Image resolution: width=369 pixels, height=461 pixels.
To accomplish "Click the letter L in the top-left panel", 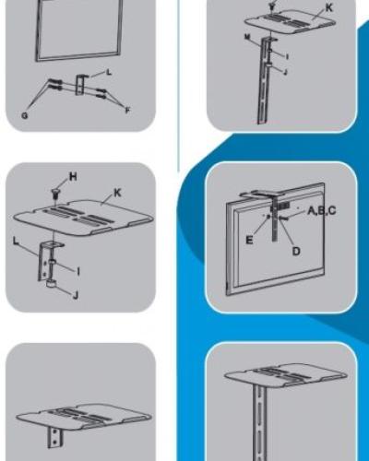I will (x=109, y=71).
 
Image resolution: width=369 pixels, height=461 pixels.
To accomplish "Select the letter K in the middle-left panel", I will (x=117, y=195).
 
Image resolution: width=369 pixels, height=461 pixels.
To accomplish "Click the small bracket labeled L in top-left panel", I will (x=83, y=86).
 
